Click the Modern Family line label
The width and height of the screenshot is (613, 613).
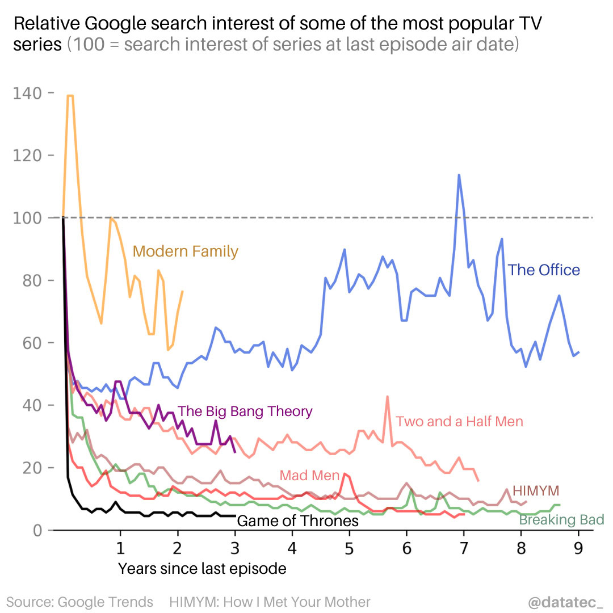pyautogui.click(x=185, y=251)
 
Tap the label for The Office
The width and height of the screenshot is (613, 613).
pyautogui.click(x=543, y=270)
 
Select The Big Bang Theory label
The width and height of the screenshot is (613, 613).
pyautogui.click(x=245, y=411)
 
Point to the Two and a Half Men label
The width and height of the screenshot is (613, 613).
pyautogui.click(x=459, y=421)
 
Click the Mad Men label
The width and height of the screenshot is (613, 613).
pyautogui.click(x=309, y=476)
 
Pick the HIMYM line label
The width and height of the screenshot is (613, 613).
pyautogui.click(x=536, y=490)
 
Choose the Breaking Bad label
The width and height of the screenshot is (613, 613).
pyautogui.click(x=561, y=519)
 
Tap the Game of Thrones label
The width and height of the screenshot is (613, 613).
pyautogui.click(x=297, y=520)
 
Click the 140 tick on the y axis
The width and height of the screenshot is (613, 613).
pyautogui.click(x=29, y=93)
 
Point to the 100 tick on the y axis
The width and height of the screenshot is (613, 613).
pyautogui.click(x=29, y=218)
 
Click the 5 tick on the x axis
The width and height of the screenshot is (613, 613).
pyautogui.click(x=349, y=548)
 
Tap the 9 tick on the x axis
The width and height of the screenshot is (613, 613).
pyautogui.click(x=578, y=548)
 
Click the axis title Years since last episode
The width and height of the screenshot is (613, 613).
pyautogui.click(x=202, y=568)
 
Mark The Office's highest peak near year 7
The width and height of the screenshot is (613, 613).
pyautogui.click(x=459, y=175)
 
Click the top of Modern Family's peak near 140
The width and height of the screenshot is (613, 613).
pyautogui.click(x=70, y=96)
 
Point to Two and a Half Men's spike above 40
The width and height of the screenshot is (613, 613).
pyautogui.click(x=387, y=397)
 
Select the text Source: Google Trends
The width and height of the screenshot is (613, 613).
pyautogui.click(x=80, y=602)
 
